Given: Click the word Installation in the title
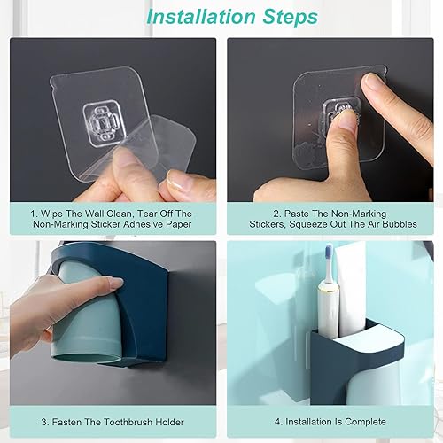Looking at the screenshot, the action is (x=200, y=17).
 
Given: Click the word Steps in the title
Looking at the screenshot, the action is (x=291, y=17).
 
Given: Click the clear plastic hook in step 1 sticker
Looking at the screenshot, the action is (x=103, y=123).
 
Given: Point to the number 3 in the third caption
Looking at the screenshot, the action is (x=44, y=422).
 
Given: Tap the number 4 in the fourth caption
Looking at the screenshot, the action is (x=278, y=422).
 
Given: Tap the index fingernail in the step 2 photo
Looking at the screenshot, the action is (x=372, y=85).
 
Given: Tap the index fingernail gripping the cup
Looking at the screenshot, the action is (x=116, y=283).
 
